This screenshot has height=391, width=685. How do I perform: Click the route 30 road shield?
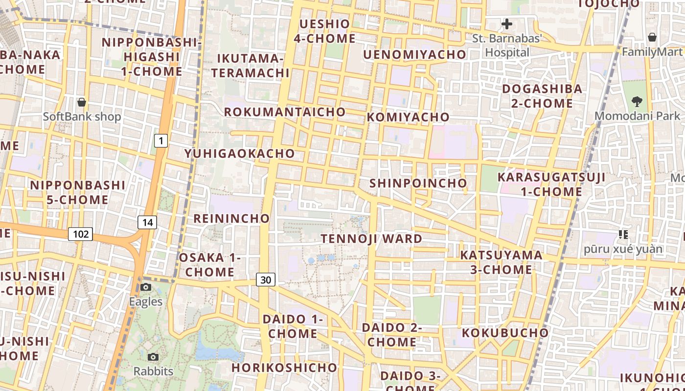pyautogui.click(x=266, y=280)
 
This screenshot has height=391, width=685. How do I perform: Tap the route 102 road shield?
pyautogui.click(x=80, y=234)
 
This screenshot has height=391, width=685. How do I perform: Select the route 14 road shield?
pyautogui.click(x=147, y=222)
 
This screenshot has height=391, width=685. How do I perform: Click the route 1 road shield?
pyautogui.click(x=161, y=141)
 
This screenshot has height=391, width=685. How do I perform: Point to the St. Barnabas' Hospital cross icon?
pyautogui.click(x=507, y=23)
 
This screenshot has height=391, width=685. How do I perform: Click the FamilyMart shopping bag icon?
pyautogui.click(x=652, y=37)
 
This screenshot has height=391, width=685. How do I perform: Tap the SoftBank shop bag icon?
pyautogui.click(x=82, y=102)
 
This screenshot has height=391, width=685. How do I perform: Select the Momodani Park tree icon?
pyautogui.click(x=637, y=102)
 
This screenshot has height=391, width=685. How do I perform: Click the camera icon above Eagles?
pyautogui.click(x=146, y=287)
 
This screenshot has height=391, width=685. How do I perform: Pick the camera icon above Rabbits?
pyautogui.click(x=153, y=357)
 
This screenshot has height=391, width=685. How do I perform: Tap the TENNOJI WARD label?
pyautogui.click(x=371, y=239)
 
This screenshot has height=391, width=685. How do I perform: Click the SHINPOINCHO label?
pyautogui.click(x=418, y=183)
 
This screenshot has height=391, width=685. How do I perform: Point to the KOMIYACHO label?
pyautogui.click(x=408, y=117)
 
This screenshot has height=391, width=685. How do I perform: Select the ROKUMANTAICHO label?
pyautogui.click(x=285, y=111)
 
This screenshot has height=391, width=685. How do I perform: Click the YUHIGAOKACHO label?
pyautogui.click(x=239, y=153)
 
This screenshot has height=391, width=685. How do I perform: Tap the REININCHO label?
pyautogui.click(x=231, y=218)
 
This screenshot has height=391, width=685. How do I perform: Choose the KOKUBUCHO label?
pyautogui.click(x=505, y=332)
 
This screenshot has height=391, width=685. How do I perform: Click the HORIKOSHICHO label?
pyautogui.click(x=284, y=367)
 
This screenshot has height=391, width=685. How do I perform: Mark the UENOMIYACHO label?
pyautogui.click(x=414, y=54)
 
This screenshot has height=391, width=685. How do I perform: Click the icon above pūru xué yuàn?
pyautogui.click(x=623, y=235)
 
